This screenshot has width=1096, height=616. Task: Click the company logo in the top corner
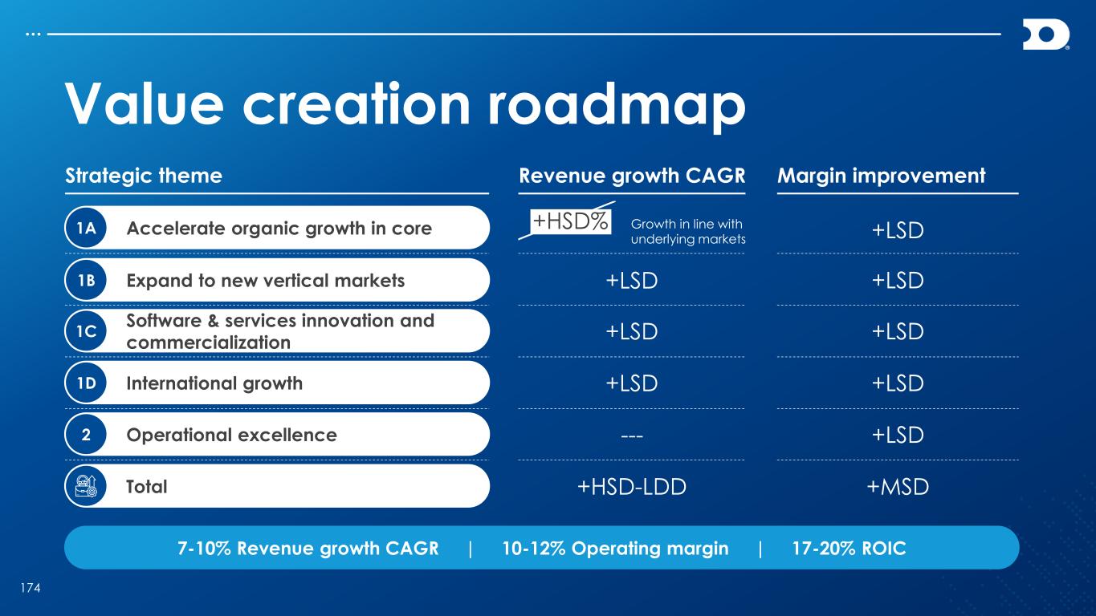[1045, 34]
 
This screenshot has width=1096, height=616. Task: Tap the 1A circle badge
[86, 228]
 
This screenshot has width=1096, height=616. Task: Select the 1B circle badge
[86, 280]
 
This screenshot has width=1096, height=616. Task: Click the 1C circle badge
[86, 331]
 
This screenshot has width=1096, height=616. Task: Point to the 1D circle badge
[86, 383]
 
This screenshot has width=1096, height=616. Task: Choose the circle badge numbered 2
[86, 435]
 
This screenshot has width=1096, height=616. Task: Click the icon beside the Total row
[86, 486]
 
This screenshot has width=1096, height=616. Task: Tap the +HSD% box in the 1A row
[571, 221]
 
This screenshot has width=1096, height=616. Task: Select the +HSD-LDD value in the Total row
[632, 487]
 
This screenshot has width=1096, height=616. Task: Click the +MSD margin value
[898, 487]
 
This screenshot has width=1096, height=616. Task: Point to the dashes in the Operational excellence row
[632, 435]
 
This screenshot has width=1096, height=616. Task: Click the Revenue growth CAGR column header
[632, 176]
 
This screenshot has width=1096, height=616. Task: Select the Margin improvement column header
[881, 176]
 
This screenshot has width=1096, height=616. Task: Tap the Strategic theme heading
[144, 176]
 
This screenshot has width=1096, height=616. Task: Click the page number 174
[31, 588]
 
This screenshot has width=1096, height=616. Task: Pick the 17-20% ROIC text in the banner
[849, 548]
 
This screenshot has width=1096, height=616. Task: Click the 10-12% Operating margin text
[615, 549]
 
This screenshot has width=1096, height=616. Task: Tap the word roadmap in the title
[617, 104]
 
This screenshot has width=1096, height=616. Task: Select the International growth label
[214, 383]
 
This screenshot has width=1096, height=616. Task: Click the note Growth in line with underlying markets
[688, 231]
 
